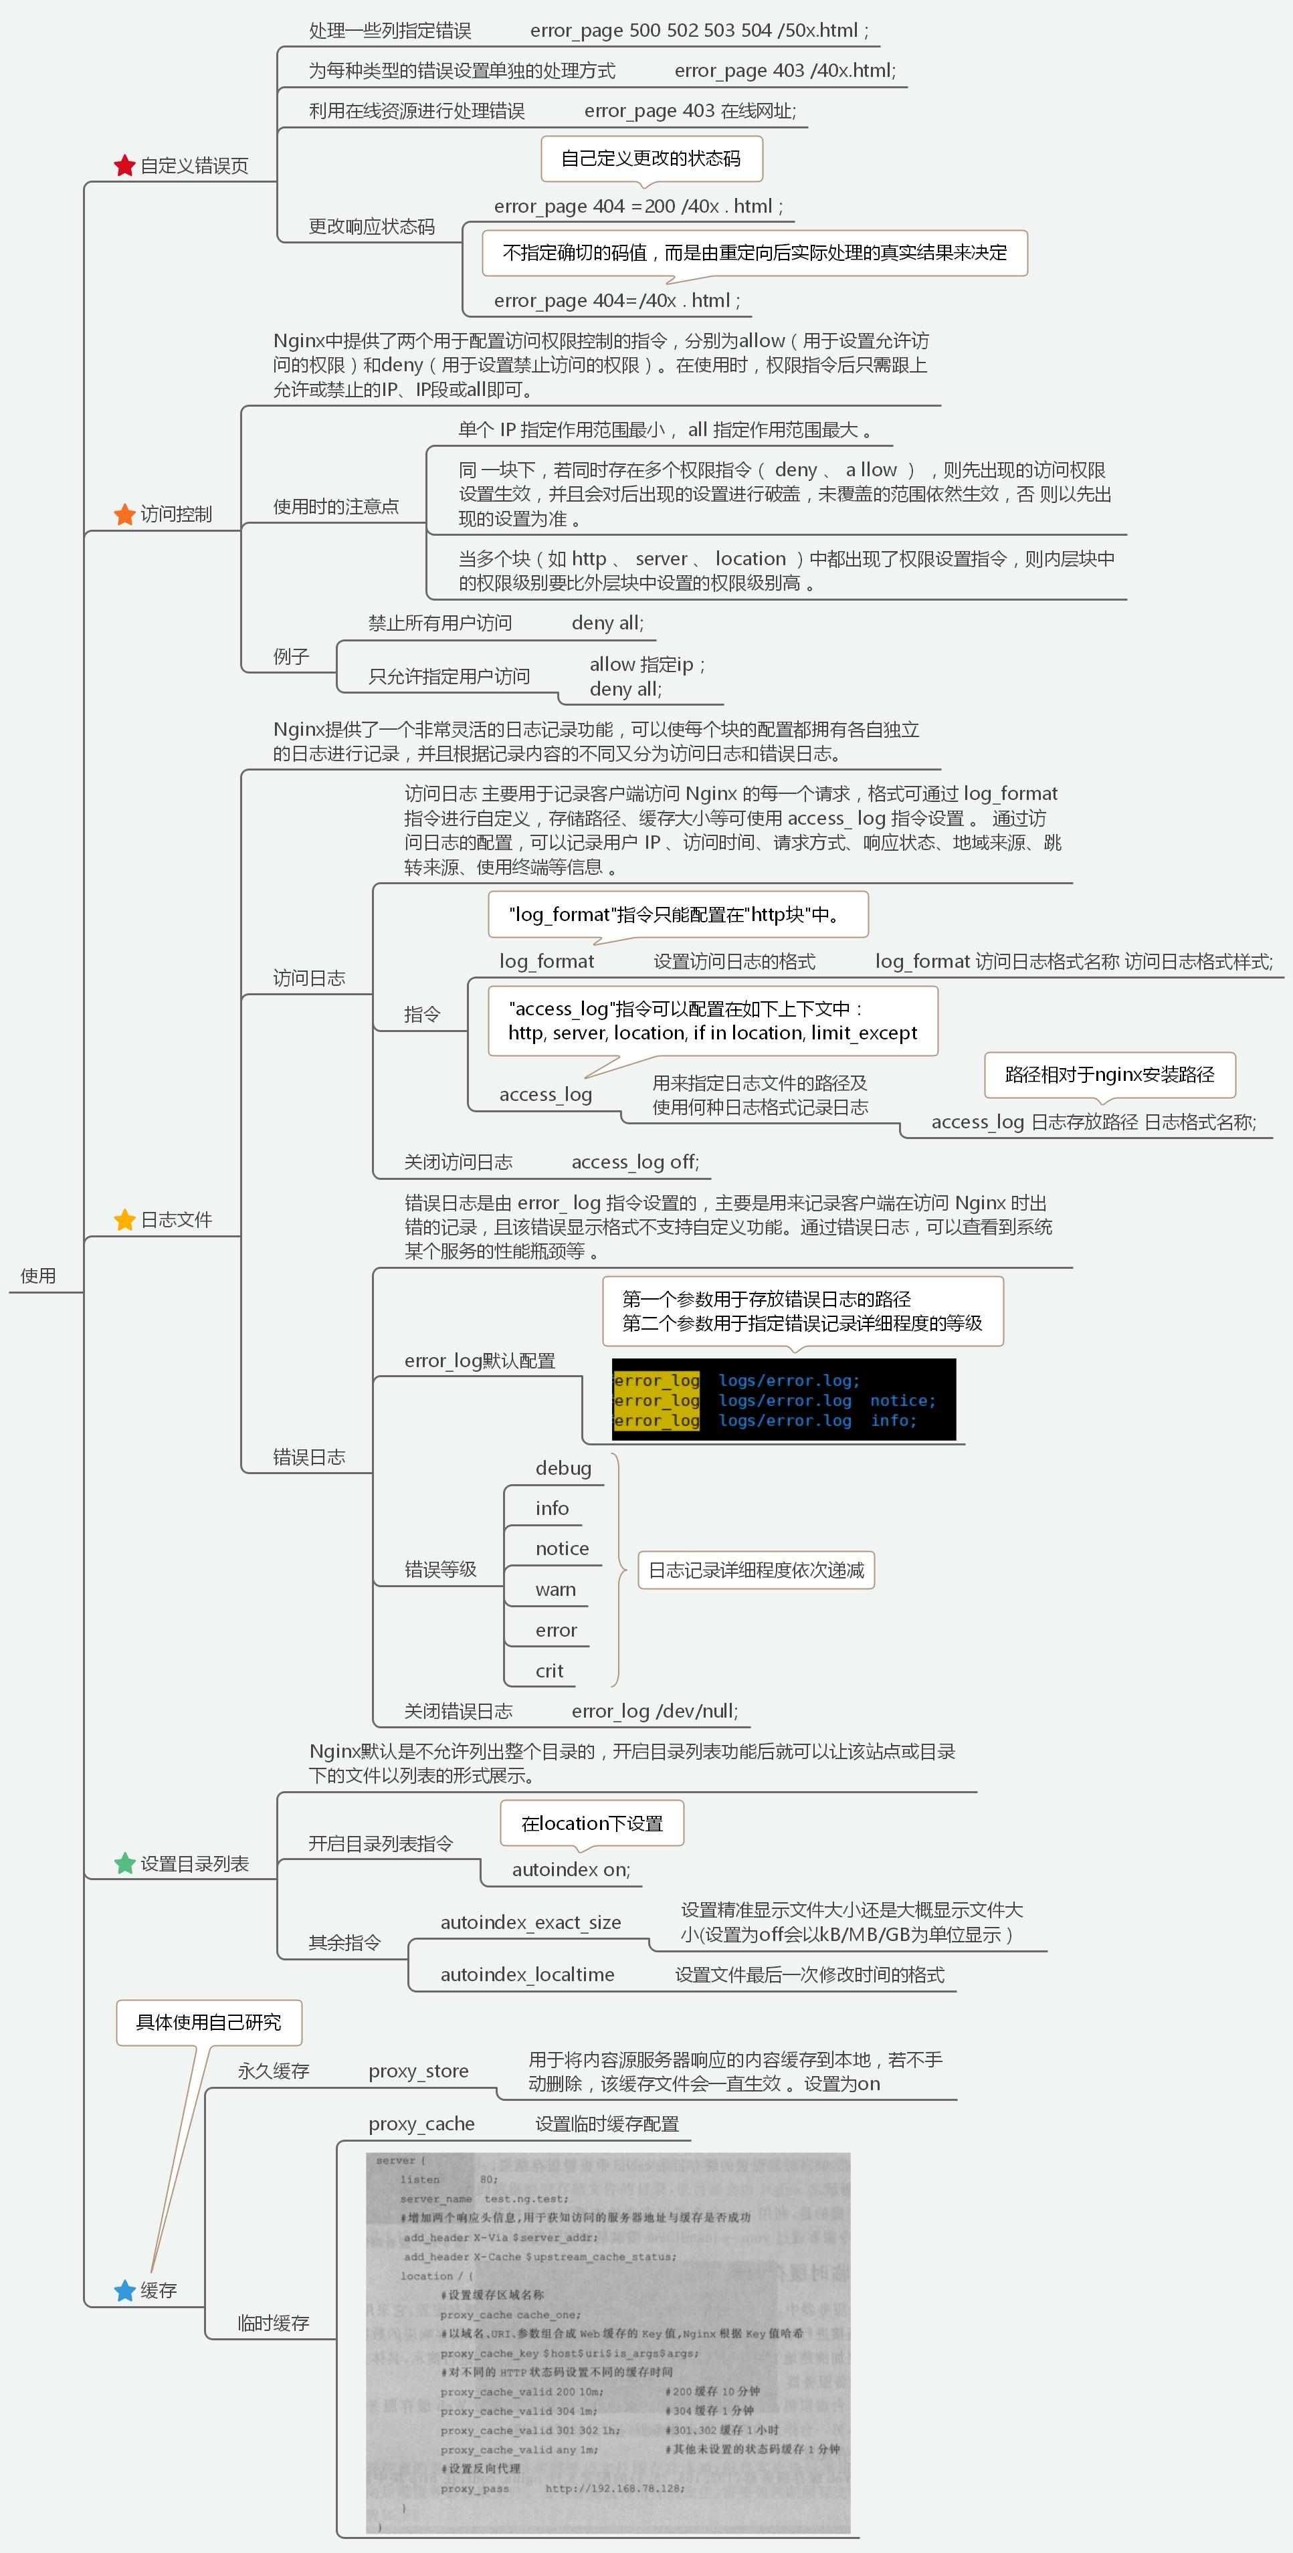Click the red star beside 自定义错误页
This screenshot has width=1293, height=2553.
click(124, 165)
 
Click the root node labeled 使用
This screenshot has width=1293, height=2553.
click(39, 1275)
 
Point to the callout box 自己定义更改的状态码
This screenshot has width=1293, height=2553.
click(651, 159)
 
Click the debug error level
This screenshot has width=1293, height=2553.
click(563, 1467)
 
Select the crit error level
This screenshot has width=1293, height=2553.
click(549, 1670)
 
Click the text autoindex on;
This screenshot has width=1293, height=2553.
click(571, 1869)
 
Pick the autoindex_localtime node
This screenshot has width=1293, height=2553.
click(527, 1974)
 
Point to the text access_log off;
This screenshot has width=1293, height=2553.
click(635, 1162)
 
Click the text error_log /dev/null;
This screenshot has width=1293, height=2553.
click(654, 1711)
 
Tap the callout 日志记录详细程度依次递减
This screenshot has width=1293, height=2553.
click(756, 1570)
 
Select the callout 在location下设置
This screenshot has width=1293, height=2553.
click(591, 1823)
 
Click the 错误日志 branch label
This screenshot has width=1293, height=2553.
click(309, 1457)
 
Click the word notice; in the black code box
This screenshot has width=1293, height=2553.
click(902, 1401)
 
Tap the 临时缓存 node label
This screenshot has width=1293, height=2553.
click(274, 2323)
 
